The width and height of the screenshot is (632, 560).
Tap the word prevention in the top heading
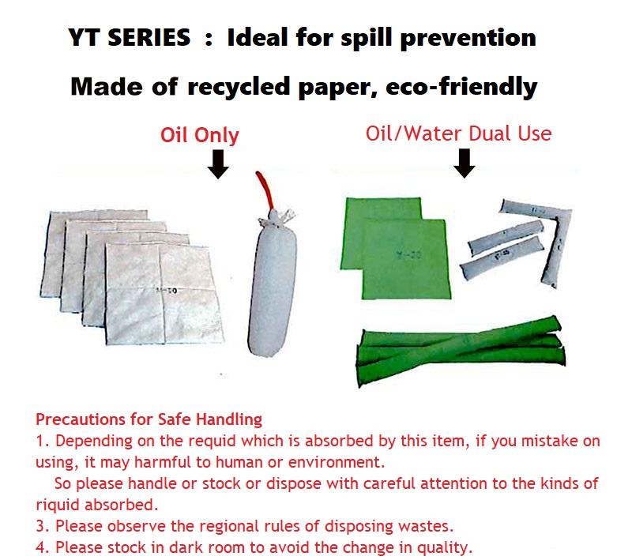[x=469, y=37]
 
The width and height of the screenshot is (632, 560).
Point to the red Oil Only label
[x=199, y=134]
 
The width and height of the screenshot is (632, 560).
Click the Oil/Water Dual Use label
[x=458, y=133]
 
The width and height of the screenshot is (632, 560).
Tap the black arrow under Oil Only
[x=219, y=163]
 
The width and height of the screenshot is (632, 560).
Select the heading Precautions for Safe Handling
[x=149, y=419]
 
